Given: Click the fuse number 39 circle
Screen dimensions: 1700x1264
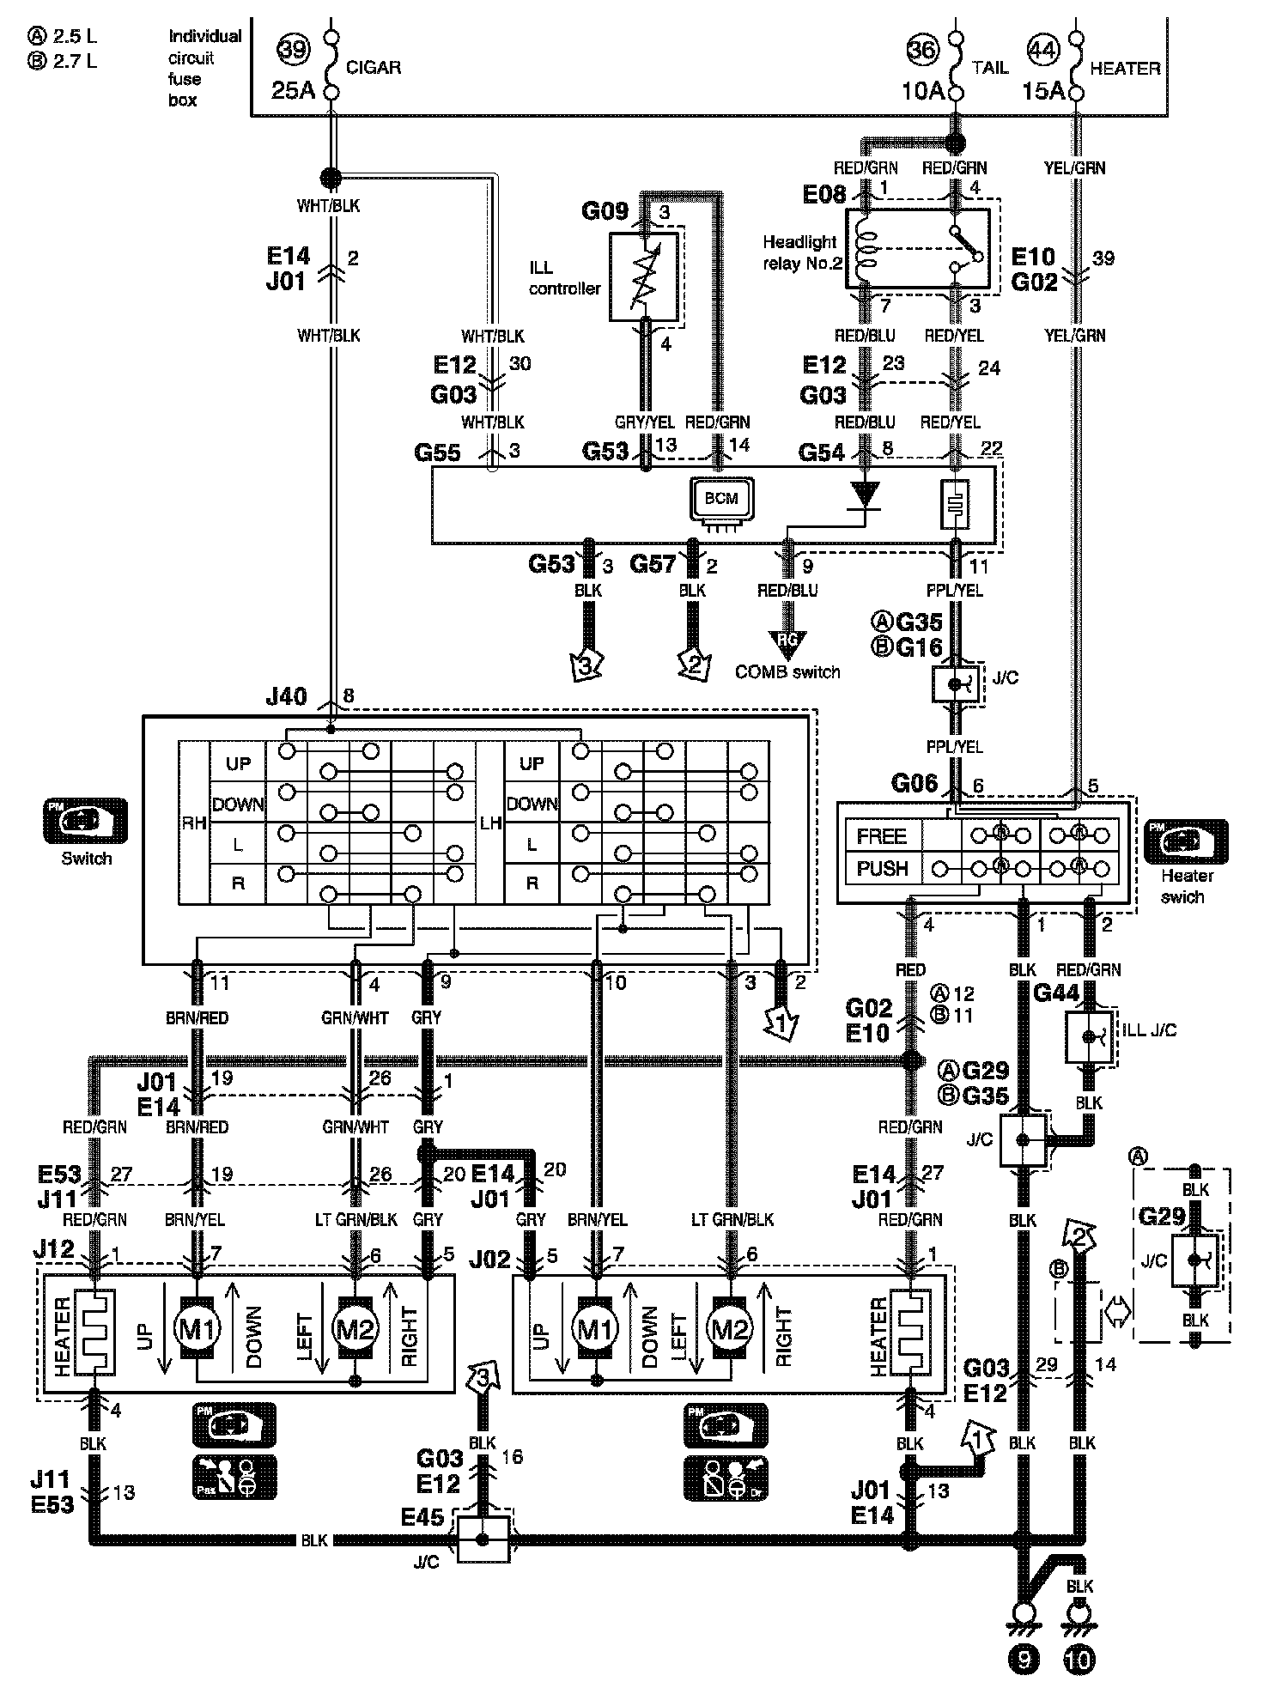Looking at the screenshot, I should (294, 49).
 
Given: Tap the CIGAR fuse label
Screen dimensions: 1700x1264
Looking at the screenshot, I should (374, 67).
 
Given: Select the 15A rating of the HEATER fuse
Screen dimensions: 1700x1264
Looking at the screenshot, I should (1043, 90).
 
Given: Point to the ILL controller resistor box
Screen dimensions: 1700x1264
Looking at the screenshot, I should (643, 277).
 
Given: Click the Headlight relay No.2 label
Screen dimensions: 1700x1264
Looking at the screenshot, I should (801, 253).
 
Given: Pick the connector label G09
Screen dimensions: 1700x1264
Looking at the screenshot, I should (605, 210).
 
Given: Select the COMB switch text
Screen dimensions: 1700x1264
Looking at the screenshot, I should (787, 672).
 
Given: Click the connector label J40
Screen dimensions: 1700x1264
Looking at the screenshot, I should (287, 696).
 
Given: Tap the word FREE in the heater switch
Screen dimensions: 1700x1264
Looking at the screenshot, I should (881, 835).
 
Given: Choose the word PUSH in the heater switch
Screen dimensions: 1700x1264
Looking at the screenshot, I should (882, 868).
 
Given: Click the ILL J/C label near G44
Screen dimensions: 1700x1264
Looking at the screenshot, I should (1150, 1029).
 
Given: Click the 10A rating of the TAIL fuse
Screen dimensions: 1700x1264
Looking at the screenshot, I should (923, 90).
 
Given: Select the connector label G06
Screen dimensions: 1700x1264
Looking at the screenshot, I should (915, 783).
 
